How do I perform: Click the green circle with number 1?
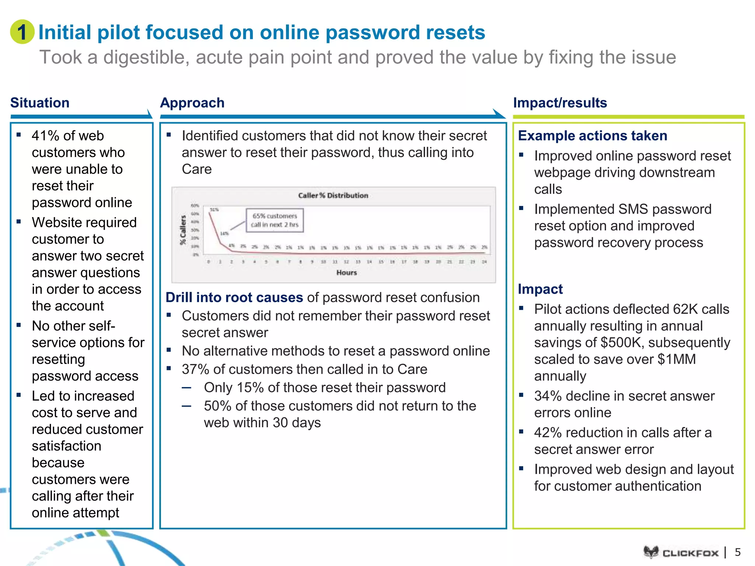[x=22, y=32]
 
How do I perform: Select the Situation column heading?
[x=40, y=103]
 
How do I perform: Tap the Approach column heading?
[x=192, y=103]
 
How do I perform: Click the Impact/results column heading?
[x=560, y=103]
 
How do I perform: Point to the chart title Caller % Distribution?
[x=333, y=195]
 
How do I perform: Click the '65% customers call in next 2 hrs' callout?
[x=275, y=220]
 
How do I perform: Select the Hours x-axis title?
[x=347, y=273]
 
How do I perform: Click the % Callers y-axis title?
[x=183, y=230]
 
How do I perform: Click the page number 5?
[x=738, y=552]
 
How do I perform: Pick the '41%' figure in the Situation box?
[x=45, y=136]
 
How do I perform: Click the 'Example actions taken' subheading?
[x=592, y=136]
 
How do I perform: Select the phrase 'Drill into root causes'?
[x=234, y=297]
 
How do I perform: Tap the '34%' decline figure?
[x=548, y=396]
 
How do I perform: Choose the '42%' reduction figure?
[x=548, y=433]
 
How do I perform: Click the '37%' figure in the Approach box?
[x=195, y=369]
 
